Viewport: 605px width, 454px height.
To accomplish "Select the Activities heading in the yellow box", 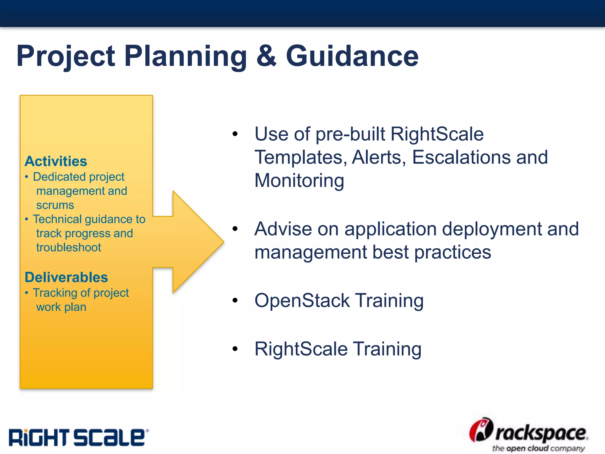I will coord(56,161).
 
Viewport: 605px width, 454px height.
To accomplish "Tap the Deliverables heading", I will coord(66,277).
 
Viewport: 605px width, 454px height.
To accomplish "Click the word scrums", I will coord(55,205).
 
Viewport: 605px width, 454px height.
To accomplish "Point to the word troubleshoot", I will coord(69,247).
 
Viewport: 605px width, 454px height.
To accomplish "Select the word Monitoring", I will coord(299,181).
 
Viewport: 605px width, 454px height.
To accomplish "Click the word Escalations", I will coord(461,157).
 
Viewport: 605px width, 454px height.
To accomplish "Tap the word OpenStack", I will coord(302,301).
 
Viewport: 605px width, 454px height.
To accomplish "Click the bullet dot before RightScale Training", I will coord(235,349).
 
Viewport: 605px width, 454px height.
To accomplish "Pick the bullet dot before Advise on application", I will coord(235,228).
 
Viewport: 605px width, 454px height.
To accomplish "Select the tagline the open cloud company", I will coord(538,448).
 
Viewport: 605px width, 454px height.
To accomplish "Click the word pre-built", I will coord(350,134).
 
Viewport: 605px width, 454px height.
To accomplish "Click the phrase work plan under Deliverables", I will coord(61,307).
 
